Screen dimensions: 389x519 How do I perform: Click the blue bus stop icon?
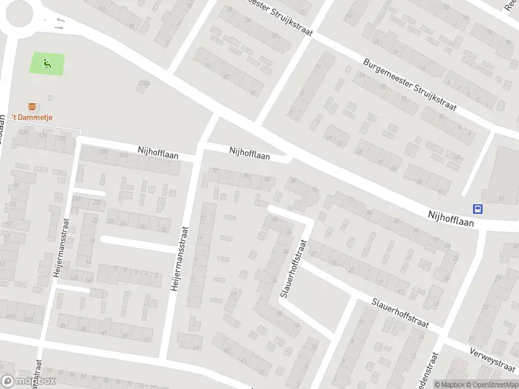[478, 208]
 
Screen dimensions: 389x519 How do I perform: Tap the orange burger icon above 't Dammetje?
[31, 106]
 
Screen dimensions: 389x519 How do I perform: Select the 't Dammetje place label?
[32, 117]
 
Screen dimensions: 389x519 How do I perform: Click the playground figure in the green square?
[47, 64]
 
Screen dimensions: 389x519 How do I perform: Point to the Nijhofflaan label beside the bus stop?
[451, 217]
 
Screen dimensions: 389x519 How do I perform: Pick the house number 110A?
[143, 83]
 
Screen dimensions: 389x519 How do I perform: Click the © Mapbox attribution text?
[450, 384]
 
